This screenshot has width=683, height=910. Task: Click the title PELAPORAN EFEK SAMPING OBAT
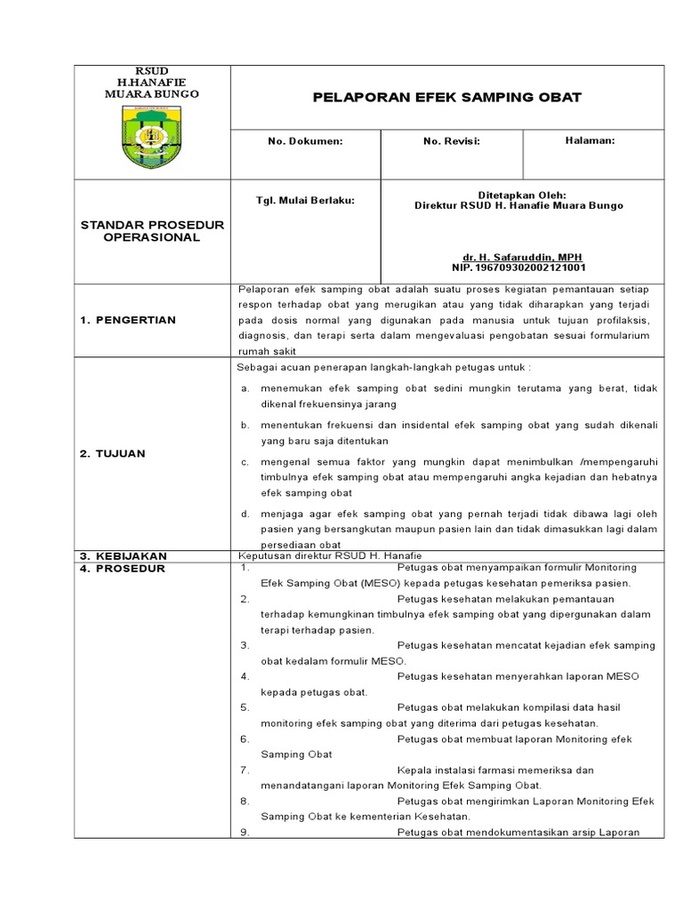pos(447,97)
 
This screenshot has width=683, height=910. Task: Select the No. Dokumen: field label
pos(306,141)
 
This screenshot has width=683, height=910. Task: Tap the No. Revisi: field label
pos(451,141)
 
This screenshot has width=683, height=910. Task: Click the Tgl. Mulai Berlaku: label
pos(305,200)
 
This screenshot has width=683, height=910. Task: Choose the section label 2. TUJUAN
pos(112,453)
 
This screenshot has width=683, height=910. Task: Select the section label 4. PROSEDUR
pos(122,568)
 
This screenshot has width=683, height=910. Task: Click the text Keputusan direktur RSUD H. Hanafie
pos(317,556)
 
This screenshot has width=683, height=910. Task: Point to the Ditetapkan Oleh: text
pos(521,195)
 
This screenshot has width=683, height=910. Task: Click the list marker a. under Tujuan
pos(245,389)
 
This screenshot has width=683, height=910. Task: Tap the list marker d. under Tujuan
pos(245,514)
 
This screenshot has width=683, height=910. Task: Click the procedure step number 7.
pos(244,770)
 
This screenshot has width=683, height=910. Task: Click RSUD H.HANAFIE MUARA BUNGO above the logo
pos(151,82)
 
